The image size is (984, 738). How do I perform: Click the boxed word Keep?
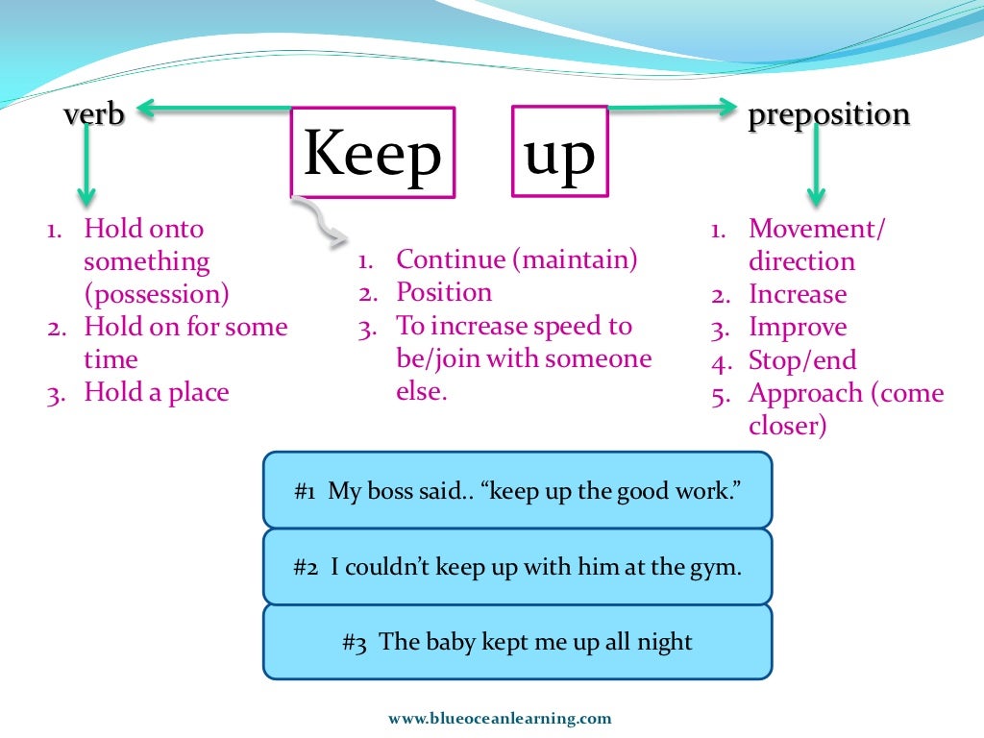coord(373,153)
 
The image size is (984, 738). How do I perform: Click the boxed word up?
coord(559,152)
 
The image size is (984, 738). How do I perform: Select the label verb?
coord(94,114)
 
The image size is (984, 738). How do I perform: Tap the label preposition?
coord(828,114)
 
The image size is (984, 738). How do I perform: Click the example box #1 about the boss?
coord(517,490)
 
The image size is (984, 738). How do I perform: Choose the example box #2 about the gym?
coord(517,567)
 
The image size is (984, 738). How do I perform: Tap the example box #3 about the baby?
coord(517,642)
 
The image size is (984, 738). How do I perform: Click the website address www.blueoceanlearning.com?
coord(500,718)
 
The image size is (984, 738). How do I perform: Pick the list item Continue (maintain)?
coord(517,259)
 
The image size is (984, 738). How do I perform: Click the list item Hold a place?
coord(157,392)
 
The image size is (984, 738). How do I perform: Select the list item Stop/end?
coord(802,360)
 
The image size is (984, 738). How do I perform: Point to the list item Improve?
coord(798,328)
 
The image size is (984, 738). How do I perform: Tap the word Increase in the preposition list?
coord(798,294)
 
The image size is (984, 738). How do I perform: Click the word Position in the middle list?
coord(444,292)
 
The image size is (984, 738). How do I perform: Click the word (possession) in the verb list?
coord(157,294)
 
